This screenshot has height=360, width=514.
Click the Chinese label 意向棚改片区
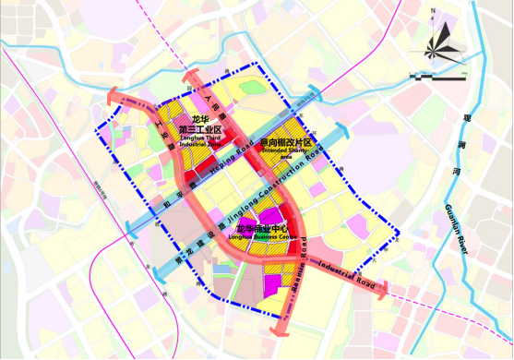click(x=287, y=143)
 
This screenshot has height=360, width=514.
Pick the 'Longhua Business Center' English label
click(x=268, y=237)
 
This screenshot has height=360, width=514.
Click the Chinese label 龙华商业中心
click(x=267, y=228)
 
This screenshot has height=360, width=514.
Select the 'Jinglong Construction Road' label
click(x=271, y=196)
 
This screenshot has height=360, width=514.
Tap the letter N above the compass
click(x=433, y=12)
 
